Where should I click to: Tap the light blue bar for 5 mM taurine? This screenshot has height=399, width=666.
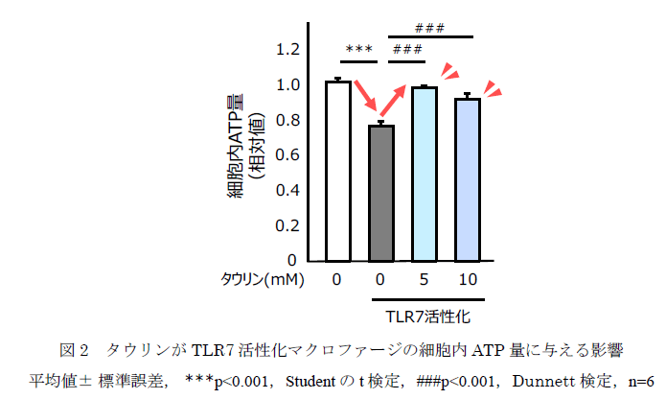pyautogui.click(x=424, y=174)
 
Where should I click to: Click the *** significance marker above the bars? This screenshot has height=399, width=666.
pyautogui.click(x=358, y=49)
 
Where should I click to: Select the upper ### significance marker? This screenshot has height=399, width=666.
pyautogui.click(x=431, y=28)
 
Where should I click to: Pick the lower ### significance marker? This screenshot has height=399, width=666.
pyautogui.click(x=408, y=49)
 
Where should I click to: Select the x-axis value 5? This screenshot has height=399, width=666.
pyautogui.click(x=424, y=280)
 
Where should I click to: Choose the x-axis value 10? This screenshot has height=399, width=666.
pyautogui.click(x=467, y=280)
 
